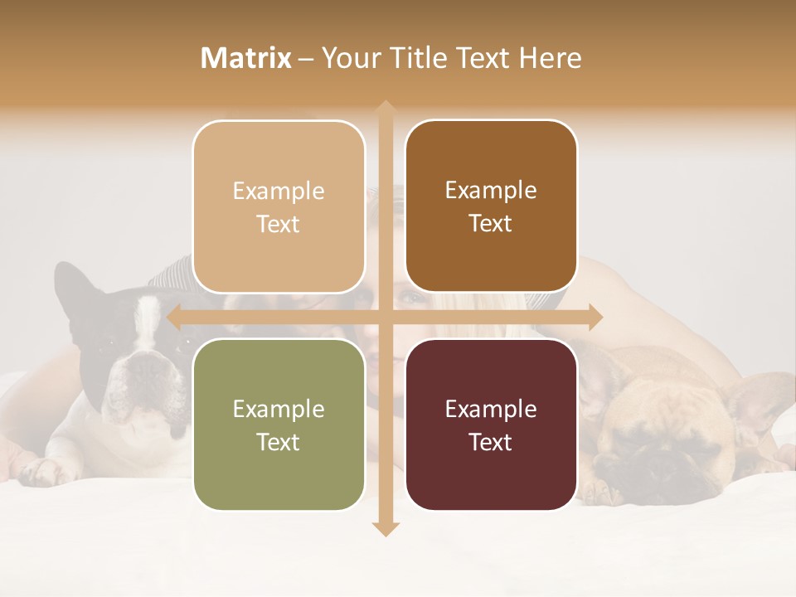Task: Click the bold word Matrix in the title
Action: [x=246, y=58]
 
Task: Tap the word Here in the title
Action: [x=551, y=58]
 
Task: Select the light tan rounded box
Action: [x=279, y=207]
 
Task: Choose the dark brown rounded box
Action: [x=491, y=206]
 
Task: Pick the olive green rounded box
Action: [x=279, y=425]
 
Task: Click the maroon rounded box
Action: [x=491, y=425]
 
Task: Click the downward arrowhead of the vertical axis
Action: [x=385, y=528]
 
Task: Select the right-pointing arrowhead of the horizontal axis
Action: [x=595, y=317]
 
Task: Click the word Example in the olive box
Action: [x=279, y=409]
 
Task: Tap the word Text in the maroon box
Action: [x=491, y=442]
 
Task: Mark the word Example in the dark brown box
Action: [x=491, y=190]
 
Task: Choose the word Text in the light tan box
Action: [x=279, y=224]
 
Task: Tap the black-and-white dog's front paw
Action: [x=41, y=471]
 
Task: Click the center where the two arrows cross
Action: [x=385, y=317]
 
